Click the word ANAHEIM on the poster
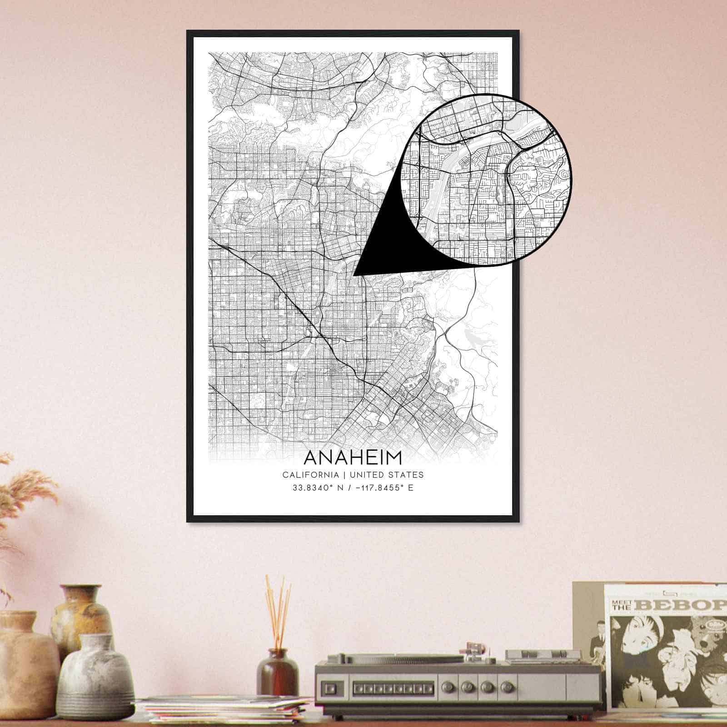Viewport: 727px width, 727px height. point(353,458)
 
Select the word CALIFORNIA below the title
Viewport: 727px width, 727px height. point(310,475)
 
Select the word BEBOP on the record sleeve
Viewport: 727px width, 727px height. point(683,605)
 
